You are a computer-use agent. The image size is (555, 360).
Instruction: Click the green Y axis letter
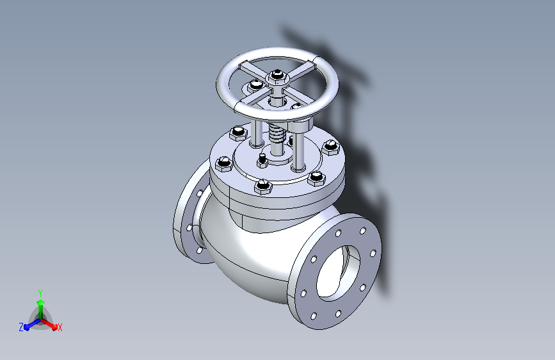pos(40,293)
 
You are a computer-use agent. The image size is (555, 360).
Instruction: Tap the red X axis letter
pos(60,327)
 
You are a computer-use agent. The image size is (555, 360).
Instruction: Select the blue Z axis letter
pos(21,327)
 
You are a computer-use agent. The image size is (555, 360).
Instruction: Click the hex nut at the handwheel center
pos(277,76)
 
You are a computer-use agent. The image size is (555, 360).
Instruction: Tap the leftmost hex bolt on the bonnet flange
pos(223,164)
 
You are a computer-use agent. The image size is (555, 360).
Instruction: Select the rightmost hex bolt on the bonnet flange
pos(330,147)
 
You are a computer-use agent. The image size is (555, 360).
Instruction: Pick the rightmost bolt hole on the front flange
pos(373,254)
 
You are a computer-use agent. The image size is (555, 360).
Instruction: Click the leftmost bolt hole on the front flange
pos(303,293)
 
